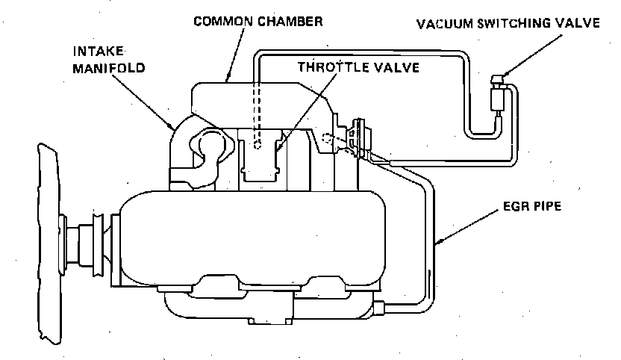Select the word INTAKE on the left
click(98, 54)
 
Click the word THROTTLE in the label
click(329, 66)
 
